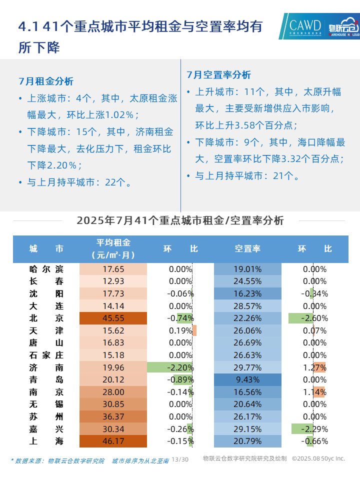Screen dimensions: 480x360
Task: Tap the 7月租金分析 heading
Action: [x=46, y=81]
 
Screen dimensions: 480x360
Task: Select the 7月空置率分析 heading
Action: [x=219, y=75]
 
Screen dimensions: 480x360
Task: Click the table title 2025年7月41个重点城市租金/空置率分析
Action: [x=180, y=221]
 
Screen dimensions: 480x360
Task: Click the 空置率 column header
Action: [x=247, y=248]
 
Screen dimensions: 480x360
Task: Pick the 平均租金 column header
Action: [x=113, y=243]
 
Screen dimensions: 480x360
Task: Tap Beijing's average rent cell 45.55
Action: [x=113, y=318]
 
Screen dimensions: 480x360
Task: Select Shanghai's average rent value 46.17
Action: [x=113, y=441]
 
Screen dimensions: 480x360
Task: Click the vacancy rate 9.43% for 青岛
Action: [x=247, y=379]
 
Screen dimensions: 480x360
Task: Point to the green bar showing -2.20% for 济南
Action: [x=170, y=367]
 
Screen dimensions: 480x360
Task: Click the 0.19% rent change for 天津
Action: [x=180, y=330]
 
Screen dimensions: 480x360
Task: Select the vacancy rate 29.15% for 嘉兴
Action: [x=247, y=428]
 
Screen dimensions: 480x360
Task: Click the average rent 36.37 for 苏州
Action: [x=113, y=416]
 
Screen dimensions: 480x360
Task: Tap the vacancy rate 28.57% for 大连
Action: [x=247, y=306]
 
